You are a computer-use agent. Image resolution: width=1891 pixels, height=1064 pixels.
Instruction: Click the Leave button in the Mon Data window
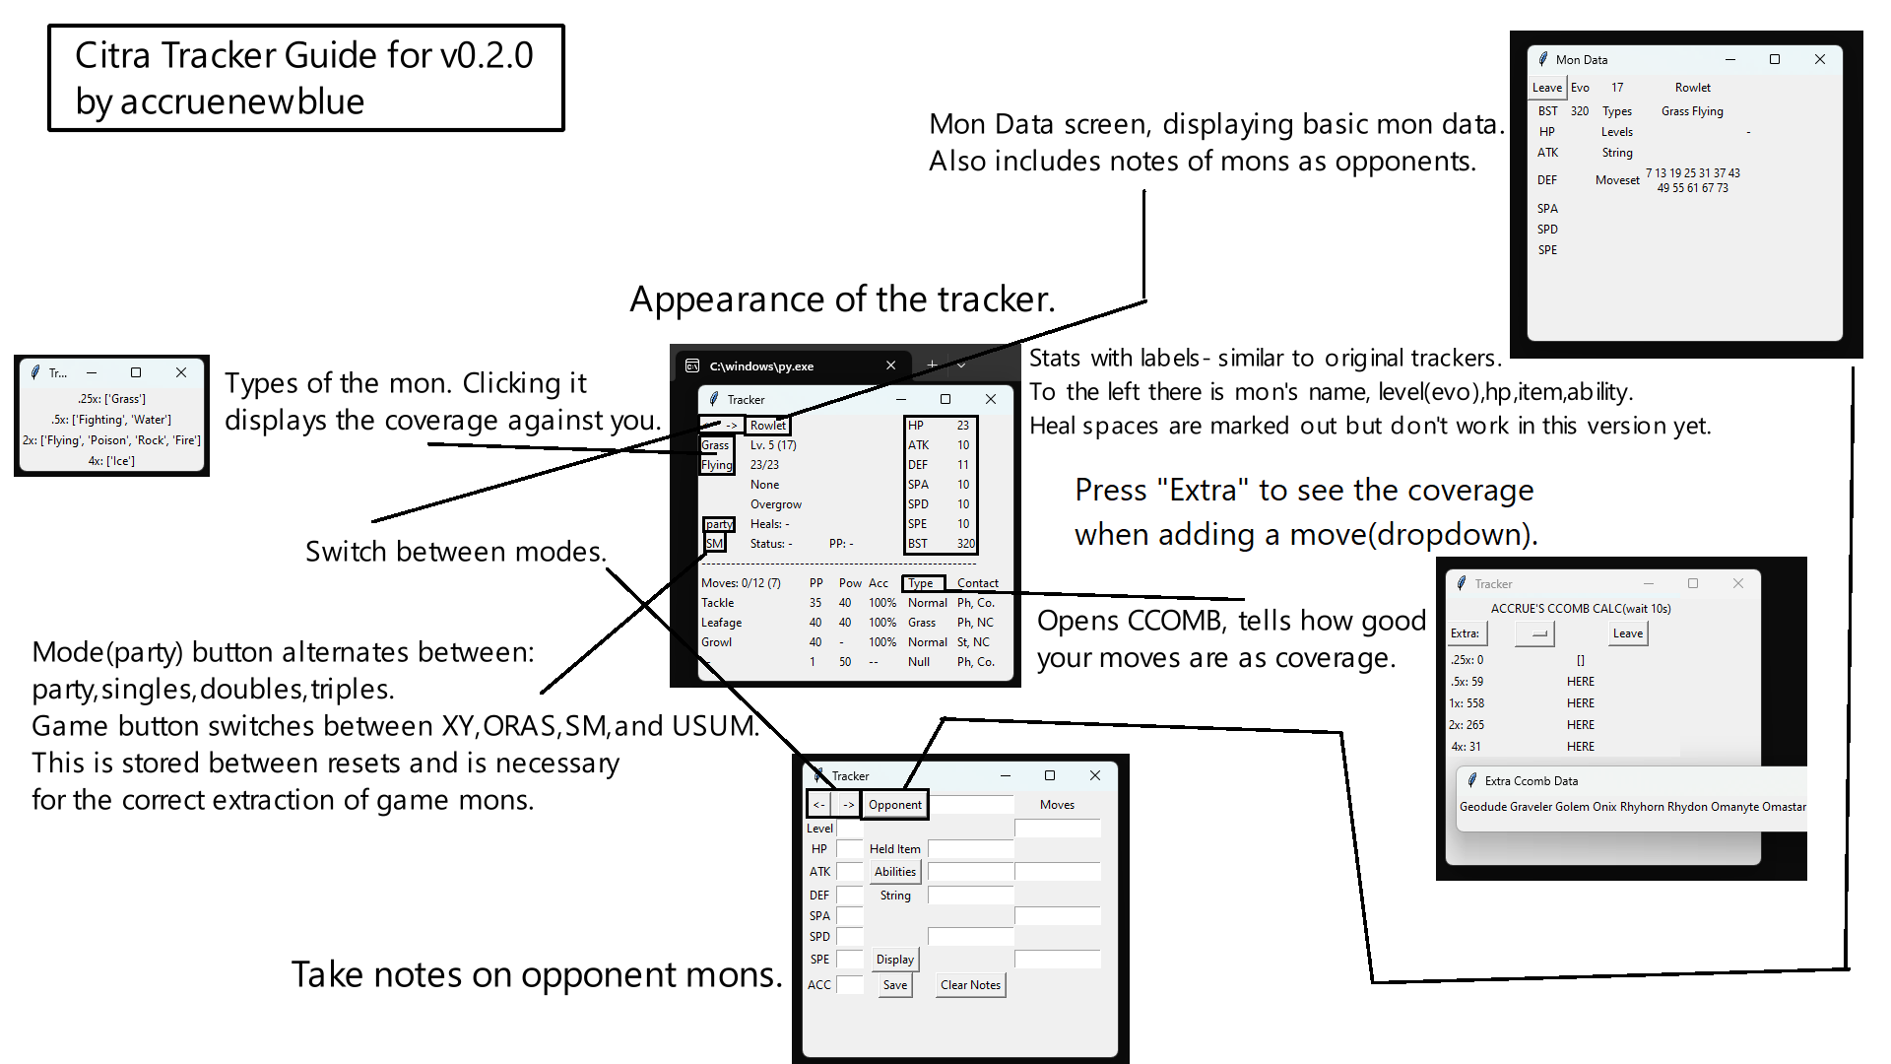pos(1546,88)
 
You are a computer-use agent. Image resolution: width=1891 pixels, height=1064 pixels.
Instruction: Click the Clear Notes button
pos(970,985)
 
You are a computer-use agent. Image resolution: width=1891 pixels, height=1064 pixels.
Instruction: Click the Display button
pos(894,960)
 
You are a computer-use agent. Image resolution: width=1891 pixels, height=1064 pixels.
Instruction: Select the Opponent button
pos(894,805)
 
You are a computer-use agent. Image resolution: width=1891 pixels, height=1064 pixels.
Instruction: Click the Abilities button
pos(894,872)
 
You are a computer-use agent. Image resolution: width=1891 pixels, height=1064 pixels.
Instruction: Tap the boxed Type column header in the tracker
pos(922,583)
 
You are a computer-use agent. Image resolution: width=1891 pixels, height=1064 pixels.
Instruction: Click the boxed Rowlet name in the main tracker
pos(767,426)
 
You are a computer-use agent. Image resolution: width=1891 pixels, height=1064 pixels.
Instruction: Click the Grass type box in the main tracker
pos(715,445)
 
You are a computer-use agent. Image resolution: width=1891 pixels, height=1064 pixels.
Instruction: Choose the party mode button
pos(718,524)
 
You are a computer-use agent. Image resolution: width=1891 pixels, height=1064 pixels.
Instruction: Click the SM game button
pos(714,544)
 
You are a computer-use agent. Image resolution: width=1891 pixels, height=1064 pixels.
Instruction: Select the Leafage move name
pos(721,623)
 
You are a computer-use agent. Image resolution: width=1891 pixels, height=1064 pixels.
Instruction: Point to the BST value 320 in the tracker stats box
pos(965,544)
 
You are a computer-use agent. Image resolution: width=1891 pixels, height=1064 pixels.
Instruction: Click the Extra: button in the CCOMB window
pos(1465,633)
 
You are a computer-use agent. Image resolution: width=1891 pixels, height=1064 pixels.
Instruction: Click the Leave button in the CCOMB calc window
pos(1627,633)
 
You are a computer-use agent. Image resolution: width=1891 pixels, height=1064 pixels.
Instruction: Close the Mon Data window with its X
pos(1820,59)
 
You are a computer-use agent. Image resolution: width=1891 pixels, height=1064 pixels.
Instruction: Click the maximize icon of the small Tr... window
pos(136,372)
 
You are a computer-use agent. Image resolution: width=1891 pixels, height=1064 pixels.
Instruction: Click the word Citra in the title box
pos(112,55)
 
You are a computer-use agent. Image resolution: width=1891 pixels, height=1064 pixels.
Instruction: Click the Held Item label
pos(894,849)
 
